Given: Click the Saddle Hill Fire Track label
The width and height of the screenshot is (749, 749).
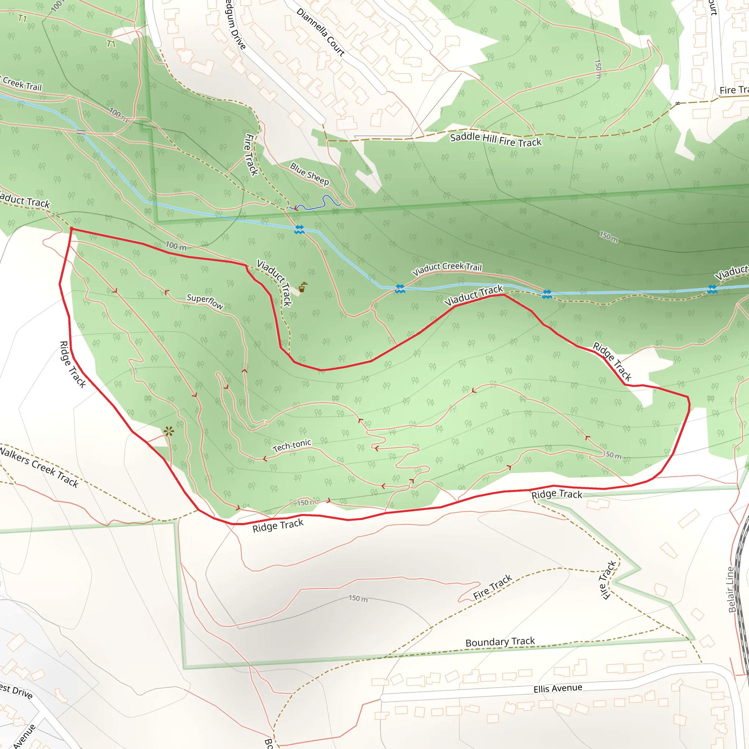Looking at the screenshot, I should pyautogui.click(x=496, y=140).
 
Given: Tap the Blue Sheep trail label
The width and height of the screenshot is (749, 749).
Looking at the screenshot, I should pyautogui.click(x=309, y=174).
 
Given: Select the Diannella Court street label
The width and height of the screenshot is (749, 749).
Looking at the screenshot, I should pyautogui.click(x=321, y=32).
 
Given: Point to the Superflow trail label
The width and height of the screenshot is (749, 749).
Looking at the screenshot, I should pyautogui.click(x=205, y=301).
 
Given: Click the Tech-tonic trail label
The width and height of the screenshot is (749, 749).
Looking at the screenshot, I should pyautogui.click(x=291, y=445).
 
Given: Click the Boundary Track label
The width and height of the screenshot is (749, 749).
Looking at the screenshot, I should pyautogui.click(x=500, y=642).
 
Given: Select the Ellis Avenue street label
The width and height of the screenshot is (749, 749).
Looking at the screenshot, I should pyautogui.click(x=557, y=688).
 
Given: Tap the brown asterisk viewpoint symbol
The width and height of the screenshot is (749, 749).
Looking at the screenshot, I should pyautogui.click(x=169, y=432).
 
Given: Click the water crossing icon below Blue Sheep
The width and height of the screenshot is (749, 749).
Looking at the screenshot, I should pyautogui.click(x=299, y=230).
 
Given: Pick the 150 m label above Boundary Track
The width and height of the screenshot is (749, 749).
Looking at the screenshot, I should pyautogui.click(x=358, y=598).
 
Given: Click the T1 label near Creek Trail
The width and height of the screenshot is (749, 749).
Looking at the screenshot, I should pyautogui.click(x=111, y=44).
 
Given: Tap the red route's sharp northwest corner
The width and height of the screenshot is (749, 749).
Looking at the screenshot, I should pyautogui.click(x=71, y=229).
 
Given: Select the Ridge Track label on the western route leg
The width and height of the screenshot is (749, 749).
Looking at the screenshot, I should pyautogui.click(x=72, y=364).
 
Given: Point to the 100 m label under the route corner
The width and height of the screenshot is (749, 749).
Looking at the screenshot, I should pyautogui.click(x=176, y=246).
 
